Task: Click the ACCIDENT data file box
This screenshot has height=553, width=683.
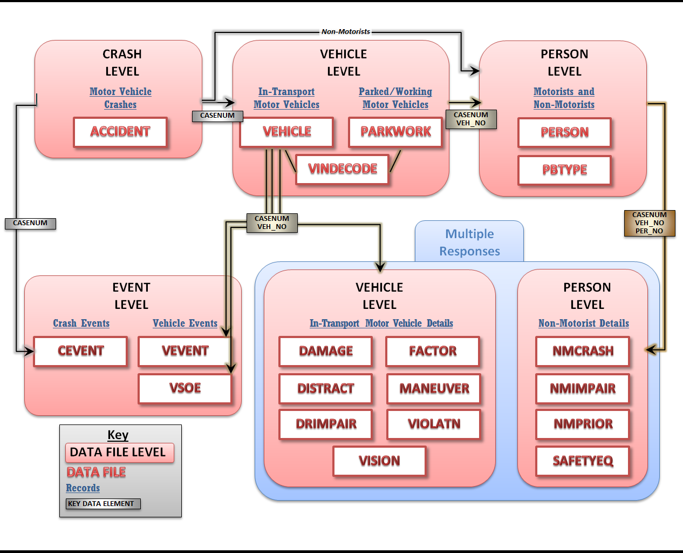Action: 120,132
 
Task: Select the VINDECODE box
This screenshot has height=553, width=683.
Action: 343,169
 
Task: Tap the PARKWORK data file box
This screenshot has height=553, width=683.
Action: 395,132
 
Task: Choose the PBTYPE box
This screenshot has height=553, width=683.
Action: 564,170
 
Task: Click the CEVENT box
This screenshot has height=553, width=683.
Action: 80,351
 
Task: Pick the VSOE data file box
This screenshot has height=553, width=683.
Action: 185,388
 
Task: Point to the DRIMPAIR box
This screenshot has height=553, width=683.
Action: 326,424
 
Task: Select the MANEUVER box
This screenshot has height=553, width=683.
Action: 434,389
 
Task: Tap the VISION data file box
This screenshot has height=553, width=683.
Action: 379,461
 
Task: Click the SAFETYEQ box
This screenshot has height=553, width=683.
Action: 583,461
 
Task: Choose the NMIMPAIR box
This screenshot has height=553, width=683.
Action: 583,389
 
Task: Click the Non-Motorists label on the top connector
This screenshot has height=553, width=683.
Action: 346,32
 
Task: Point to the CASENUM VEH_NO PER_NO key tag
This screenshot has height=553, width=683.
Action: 650,223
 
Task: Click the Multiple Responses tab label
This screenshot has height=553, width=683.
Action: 469,242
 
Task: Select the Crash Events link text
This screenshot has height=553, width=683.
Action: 81,323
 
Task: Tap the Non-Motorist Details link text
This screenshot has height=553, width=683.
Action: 583,323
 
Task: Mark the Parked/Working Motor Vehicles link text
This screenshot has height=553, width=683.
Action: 395,98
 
